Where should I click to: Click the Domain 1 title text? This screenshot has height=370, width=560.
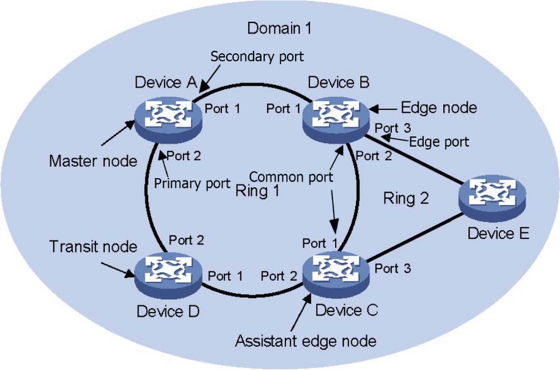279,28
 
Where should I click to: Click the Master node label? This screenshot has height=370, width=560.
93,162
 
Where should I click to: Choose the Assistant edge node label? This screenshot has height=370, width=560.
305,341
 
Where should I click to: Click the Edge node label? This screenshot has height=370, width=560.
438,107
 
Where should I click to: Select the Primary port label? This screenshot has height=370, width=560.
184,184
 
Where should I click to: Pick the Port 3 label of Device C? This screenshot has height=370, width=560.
394,268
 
